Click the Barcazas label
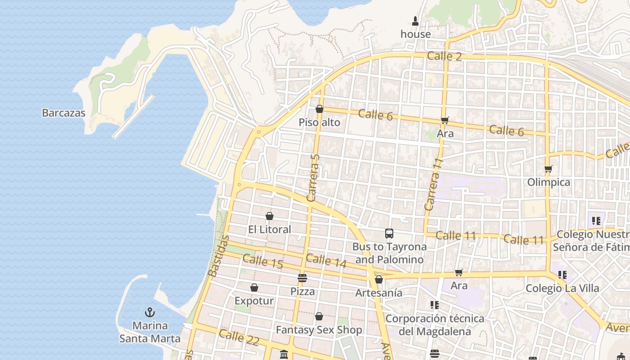[x=63, y=113]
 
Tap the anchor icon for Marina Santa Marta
[x=149, y=312]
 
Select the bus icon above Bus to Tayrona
[x=389, y=233]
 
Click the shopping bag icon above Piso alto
[x=319, y=109]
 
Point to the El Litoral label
[x=270, y=229]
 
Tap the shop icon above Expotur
[x=254, y=288]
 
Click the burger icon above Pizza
[x=302, y=278]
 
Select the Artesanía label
[x=379, y=293]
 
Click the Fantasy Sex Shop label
[x=319, y=330]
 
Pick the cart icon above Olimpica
[x=548, y=169]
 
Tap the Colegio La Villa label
[x=562, y=288]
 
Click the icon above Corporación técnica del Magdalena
[x=434, y=305]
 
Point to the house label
[x=415, y=34]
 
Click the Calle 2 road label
[x=444, y=56]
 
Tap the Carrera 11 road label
[x=434, y=184]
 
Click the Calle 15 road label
[x=262, y=261]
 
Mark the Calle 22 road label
[x=239, y=337]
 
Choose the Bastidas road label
[x=219, y=256]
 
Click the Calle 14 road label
[x=326, y=261]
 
